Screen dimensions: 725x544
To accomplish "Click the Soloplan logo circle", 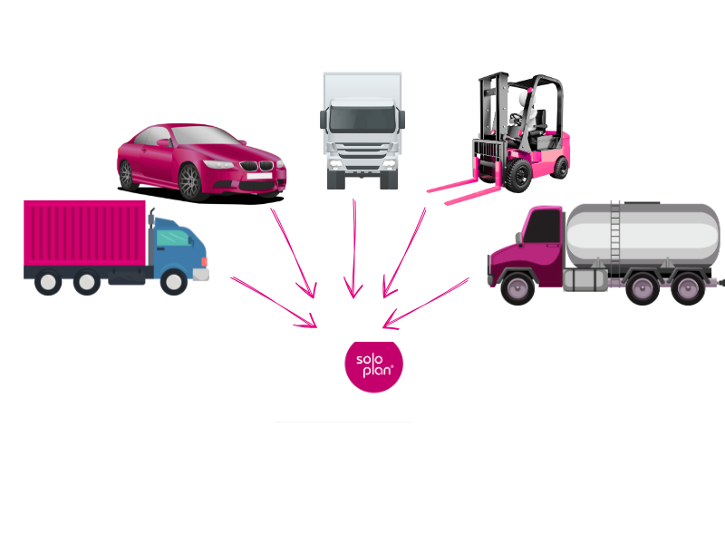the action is (x=373, y=366).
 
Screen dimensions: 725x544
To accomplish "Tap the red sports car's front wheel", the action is (x=189, y=182).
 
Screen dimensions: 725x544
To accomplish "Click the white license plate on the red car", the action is (x=259, y=176).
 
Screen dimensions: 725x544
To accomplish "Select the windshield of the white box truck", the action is (x=362, y=119).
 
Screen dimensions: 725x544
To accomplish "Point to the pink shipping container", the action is (x=84, y=233).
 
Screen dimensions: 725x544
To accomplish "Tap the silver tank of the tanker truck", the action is (x=643, y=235).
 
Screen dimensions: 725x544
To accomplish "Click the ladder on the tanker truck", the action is (x=615, y=238).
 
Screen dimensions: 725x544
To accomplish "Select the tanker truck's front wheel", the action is (x=517, y=288).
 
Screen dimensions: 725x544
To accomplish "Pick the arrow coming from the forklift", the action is (x=404, y=253).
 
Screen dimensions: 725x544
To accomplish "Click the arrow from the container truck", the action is (x=274, y=302).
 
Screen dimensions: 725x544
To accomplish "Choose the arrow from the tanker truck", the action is (x=426, y=304).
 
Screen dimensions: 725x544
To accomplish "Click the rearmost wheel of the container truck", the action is (x=48, y=282).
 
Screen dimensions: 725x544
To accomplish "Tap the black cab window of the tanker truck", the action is (x=543, y=226).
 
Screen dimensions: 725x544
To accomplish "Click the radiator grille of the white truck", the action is (x=362, y=151).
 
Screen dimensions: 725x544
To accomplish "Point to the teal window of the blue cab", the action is (x=173, y=238).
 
